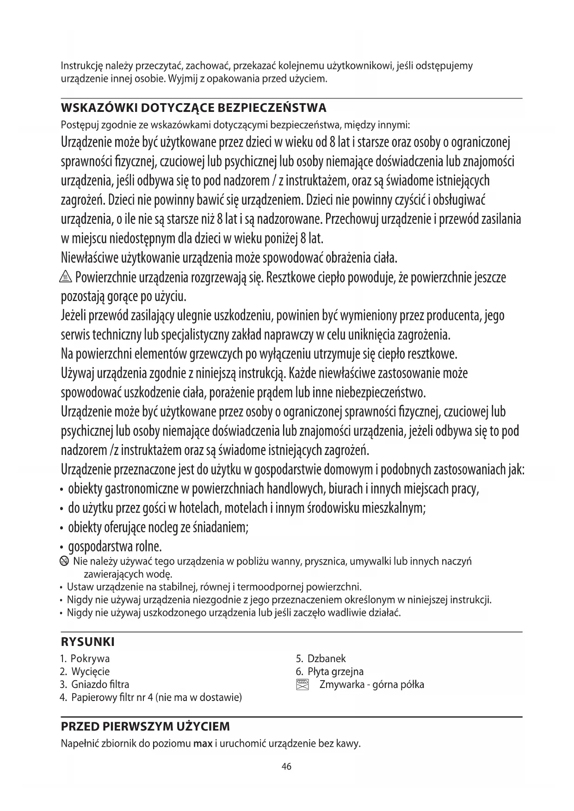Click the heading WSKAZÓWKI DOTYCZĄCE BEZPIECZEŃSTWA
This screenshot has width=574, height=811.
(x=193, y=108)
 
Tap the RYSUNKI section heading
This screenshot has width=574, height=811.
(x=87, y=642)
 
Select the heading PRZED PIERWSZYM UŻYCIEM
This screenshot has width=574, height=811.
(x=145, y=726)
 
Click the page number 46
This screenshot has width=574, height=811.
(x=286, y=767)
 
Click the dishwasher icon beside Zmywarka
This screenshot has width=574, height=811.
(x=302, y=685)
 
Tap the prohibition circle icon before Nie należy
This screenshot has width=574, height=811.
(x=65, y=562)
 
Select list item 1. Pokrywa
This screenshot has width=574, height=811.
(x=85, y=658)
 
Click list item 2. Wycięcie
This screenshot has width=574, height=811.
(x=85, y=671)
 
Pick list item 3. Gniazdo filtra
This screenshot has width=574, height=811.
(x=95, y=684)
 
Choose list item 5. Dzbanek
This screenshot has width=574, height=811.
(x=321, y=658)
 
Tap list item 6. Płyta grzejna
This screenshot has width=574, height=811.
(x=330, y=671)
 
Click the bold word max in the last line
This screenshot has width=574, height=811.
(x=203, y=744)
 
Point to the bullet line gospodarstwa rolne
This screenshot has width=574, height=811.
(x=115, y=547)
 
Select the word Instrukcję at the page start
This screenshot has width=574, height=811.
(x=80, y=66)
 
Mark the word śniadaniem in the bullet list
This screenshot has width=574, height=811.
(x=222, y=528)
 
